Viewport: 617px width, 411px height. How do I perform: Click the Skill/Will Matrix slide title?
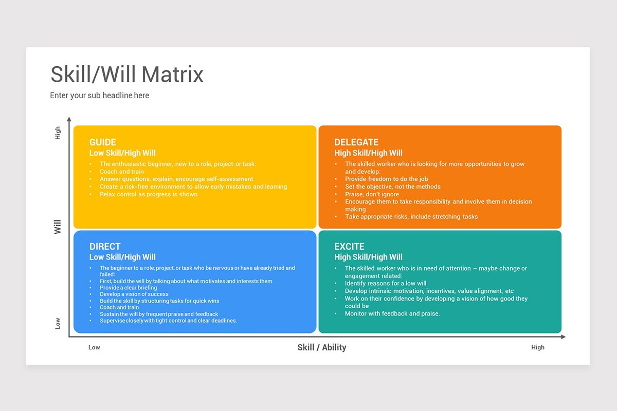pyautogui.click(x=127, y=74)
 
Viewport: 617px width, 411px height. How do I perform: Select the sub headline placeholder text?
pyautogui.click(x=99, y=95)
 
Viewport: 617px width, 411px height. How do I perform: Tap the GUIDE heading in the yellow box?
pyautogui.click(x=103, y=142)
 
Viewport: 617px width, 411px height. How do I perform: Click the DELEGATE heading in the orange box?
pyautogui.click(x=356, y=142)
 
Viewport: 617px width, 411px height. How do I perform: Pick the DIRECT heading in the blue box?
pyautogui.click(x=105, y=247)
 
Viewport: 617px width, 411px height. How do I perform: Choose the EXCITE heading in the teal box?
pyautogui.click(x=349, y=247)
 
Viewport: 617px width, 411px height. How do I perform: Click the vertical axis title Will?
pyautogui.click(x=58, y=227)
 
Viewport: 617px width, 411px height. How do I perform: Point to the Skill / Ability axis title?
pyautogui.click(x=322, y=347)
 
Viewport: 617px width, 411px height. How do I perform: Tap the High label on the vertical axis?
pyautogui.click(x=58, y=133)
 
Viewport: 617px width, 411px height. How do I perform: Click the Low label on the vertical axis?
pyautogui.click(x=58, y=323)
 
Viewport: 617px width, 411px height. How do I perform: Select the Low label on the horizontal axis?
pyautogui.click(x=94, y=347)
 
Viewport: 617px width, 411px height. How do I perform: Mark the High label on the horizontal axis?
pyautogui.click(x=538, y=347)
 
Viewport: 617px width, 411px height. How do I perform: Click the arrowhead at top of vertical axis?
pyautogui.click(x=69, y=119)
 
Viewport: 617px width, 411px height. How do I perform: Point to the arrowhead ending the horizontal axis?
pyautogui.click(x=563, y=337)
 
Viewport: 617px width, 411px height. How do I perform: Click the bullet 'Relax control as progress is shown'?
pyautogui.click(x=149, y=194)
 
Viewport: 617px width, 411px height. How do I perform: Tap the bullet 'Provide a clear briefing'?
pyautogui.click(x=129, y=288)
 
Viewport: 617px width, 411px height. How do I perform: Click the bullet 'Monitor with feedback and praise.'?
pyautogui.click(x=392, y=313)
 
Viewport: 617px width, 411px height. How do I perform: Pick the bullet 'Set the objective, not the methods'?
pyautogui.click(x=393, y=186)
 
